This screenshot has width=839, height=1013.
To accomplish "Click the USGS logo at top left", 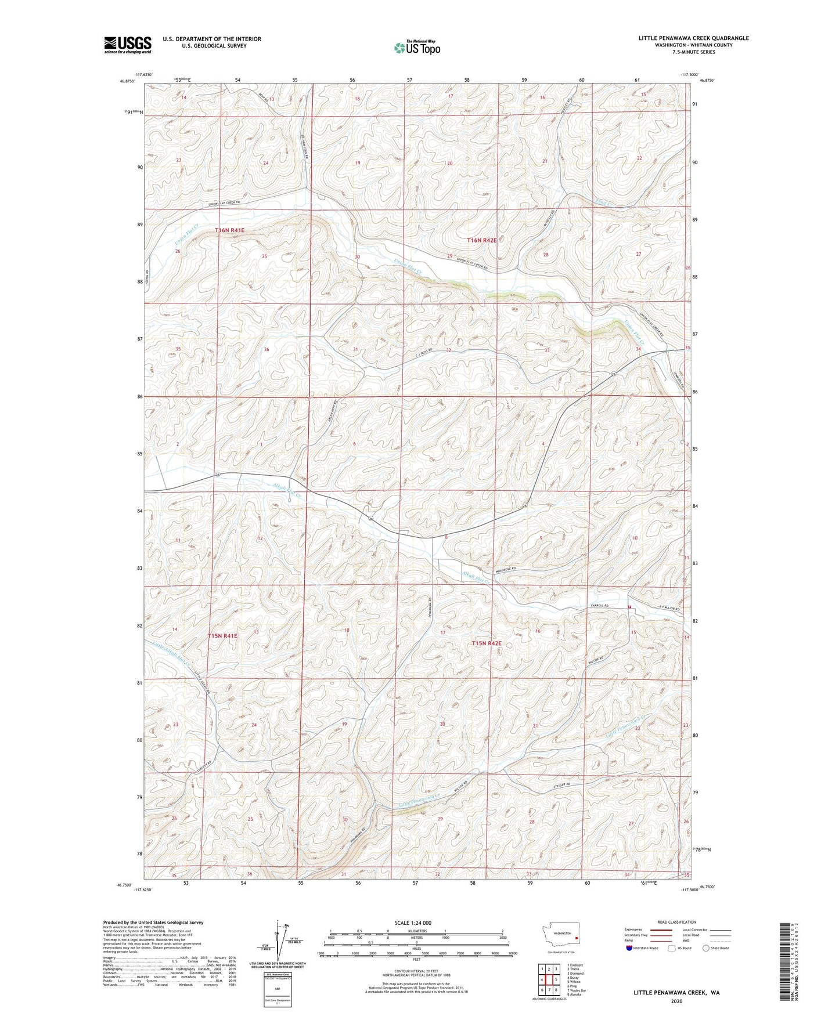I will [x=127, y=45].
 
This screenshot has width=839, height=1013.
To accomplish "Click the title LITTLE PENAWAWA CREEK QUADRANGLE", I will [x=693, y=38].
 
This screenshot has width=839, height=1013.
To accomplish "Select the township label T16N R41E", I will [x=230, y=230].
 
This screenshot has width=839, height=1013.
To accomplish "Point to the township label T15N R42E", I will [x=486, y=643].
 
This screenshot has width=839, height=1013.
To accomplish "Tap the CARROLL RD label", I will [x=599, y=606].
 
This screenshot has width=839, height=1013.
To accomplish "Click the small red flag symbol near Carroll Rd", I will [x=629, y=606].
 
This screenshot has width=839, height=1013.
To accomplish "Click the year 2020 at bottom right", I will [x=676, y=1001].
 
